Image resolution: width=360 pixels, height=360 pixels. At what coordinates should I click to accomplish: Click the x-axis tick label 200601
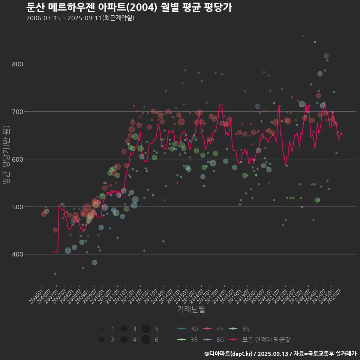click(36, 291)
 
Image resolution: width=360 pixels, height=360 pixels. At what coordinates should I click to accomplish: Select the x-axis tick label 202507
click(334, 291)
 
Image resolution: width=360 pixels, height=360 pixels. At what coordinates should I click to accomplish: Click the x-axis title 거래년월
click(191, 309)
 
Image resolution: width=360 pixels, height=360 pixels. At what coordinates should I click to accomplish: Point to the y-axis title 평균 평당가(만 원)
click(6, 154)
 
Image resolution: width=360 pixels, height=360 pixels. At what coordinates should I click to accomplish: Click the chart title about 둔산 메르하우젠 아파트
click(129, 7)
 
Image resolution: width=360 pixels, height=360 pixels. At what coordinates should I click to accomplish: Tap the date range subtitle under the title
click(80, 18)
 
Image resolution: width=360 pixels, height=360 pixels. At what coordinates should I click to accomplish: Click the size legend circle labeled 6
click(146, 340)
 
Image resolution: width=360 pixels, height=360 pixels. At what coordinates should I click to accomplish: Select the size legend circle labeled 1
click(102, 329)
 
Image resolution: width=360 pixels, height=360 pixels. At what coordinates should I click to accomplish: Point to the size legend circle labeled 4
click(124, 340)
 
